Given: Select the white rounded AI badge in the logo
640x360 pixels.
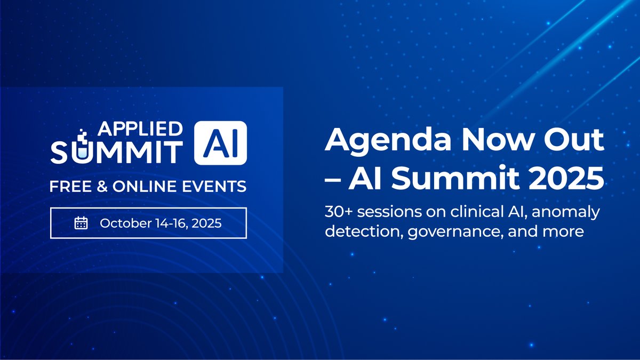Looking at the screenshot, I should tap(220, 141).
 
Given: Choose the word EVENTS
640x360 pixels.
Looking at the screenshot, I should tap(218, 187).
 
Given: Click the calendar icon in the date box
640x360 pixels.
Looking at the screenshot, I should tap(81, 222).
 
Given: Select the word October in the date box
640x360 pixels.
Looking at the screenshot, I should tap(121, 222).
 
